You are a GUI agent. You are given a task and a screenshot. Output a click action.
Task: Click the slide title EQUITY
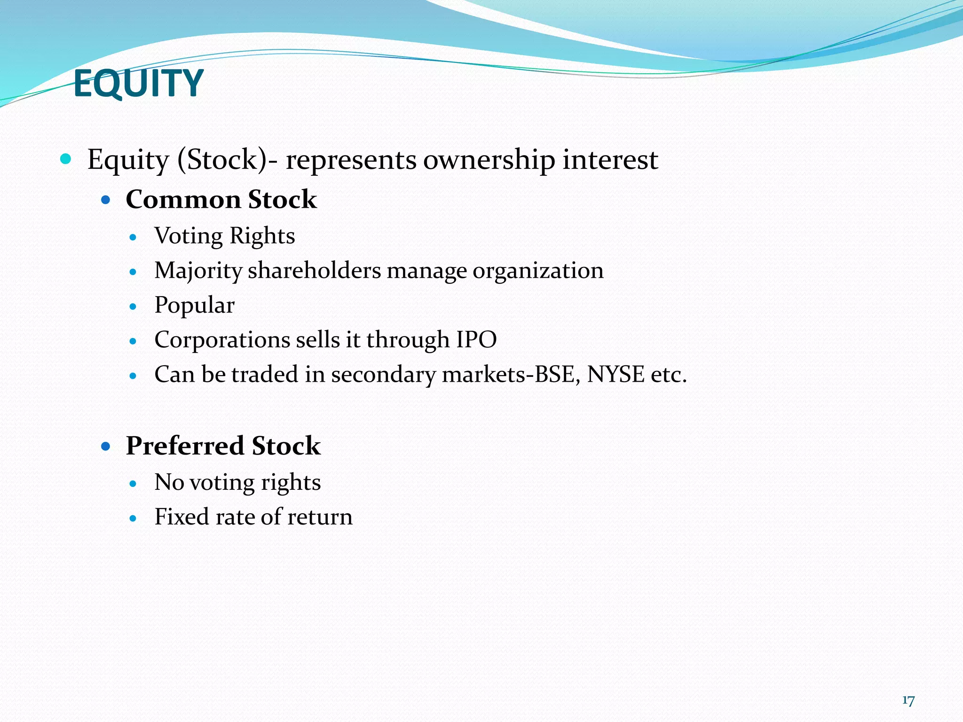pyautogui.click(x=138, y=83)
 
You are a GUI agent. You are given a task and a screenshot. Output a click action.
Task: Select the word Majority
pyautogui.click(x=198, y=271)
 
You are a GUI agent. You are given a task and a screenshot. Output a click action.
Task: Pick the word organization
pyautogui.click(x=538, y=271)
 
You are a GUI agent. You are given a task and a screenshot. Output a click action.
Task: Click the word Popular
pyautogui.click(x=194, y=306)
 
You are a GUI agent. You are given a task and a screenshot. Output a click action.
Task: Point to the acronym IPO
pyautogui.click(x=476, y=339)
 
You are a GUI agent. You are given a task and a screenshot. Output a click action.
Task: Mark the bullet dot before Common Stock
pyautogui.click(x=106, y=200)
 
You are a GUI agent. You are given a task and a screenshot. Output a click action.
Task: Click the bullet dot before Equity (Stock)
pyautogui.click(x=66, y=159)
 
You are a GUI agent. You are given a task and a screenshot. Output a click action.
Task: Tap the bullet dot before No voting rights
pyautogui.click(x=133, y=483)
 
